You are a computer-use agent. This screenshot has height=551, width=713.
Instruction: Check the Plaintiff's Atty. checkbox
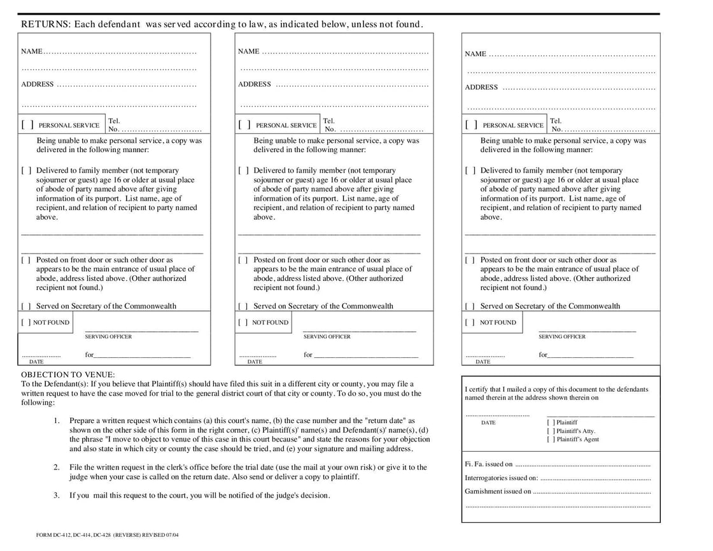[551, 431]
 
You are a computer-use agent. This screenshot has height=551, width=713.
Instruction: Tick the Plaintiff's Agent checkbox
[551, 440]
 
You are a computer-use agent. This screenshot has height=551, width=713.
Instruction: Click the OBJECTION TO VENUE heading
[68, 375]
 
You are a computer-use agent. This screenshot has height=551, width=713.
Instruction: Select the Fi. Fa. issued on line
[582, 465]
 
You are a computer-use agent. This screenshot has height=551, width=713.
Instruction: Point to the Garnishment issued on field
[592, 492]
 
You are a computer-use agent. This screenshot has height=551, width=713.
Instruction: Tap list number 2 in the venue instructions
[57, 468]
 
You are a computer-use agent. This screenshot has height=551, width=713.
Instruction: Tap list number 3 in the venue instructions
[57, 496]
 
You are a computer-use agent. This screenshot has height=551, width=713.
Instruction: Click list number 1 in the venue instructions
[57, 421]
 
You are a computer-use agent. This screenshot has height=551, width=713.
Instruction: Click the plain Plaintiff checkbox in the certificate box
[551, 422]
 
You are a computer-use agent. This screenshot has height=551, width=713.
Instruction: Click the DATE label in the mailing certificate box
[488, 423]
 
